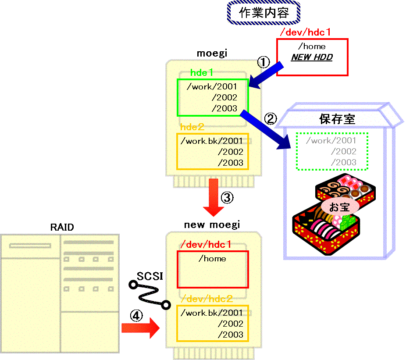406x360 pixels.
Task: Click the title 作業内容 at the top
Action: pyautogui.click(x=264, y=13)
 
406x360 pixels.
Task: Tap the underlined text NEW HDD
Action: pyautogui.click(x=312, y=57)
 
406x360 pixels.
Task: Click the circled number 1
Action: pyautogui.click(x=264, y=62)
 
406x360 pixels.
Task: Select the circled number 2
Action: pyautogui.click(x=271, y=119)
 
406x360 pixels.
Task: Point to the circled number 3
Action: pyautogui.click(x=227, y=198)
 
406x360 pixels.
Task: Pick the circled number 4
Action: pyautogui.click(x=136, y=316)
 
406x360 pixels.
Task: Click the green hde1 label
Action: pyautogui.click(x=202, y=72)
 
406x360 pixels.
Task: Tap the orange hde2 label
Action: pyautogui.click(x=192, y=127)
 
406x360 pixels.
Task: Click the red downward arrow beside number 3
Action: pyautogui.click(x=214, y=197)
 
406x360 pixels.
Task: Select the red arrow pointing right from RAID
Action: pyautogui.click(x=141, y=328)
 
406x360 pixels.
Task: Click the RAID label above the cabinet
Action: pyautogui.click(x=62, y=227)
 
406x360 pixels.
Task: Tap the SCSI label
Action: pyautogui.click(x=150, y=276)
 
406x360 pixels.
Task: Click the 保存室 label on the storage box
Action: pyautogui.click(x=337, y=119)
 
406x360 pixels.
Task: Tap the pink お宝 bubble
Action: pyautogui.click(x=340, y=207)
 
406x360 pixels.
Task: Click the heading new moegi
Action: pyautogui.click(x=212, y=225)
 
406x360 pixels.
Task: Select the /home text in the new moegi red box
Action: pyautogui.click(x=212, y=258)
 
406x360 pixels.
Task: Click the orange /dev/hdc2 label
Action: pyautogui.click(x=207, y=299)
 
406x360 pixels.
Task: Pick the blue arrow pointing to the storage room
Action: pyautogui.click(x=266, y=130)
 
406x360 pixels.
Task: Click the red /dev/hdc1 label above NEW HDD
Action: pyautogui.click(x=306, y=32)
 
